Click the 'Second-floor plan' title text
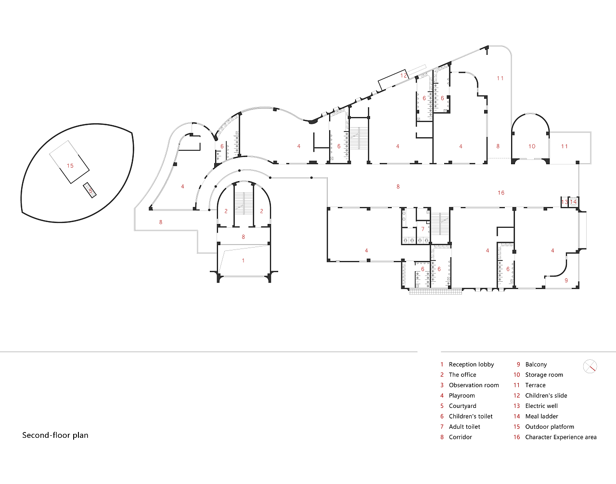(55, 435)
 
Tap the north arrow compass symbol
(590, 366)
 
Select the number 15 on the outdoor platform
(70, 166)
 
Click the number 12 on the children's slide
(404, 76)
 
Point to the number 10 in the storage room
(532, 146)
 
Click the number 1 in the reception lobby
(243, 261)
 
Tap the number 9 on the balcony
(566, 280)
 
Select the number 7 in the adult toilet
(423, 229)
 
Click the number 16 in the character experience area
(501, 193)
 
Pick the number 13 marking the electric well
(565, 202)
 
